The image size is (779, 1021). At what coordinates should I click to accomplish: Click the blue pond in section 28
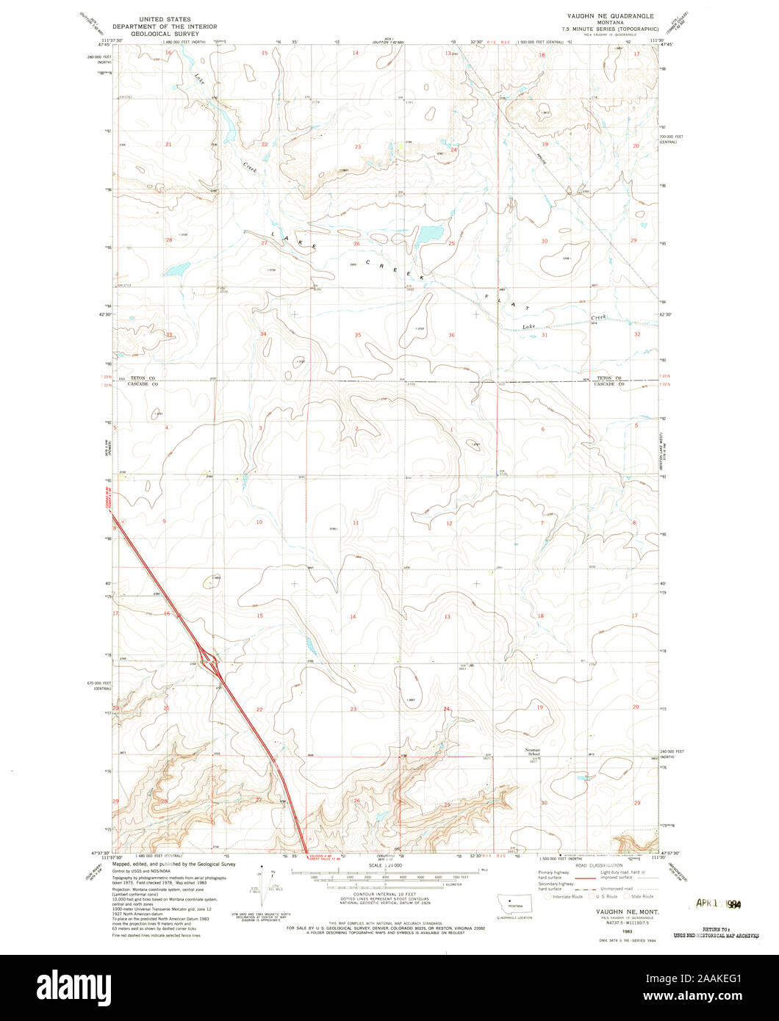pos(177,270)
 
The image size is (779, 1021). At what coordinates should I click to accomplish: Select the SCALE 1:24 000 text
pos(385,867)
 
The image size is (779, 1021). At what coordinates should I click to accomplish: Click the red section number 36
pos(450,335)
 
